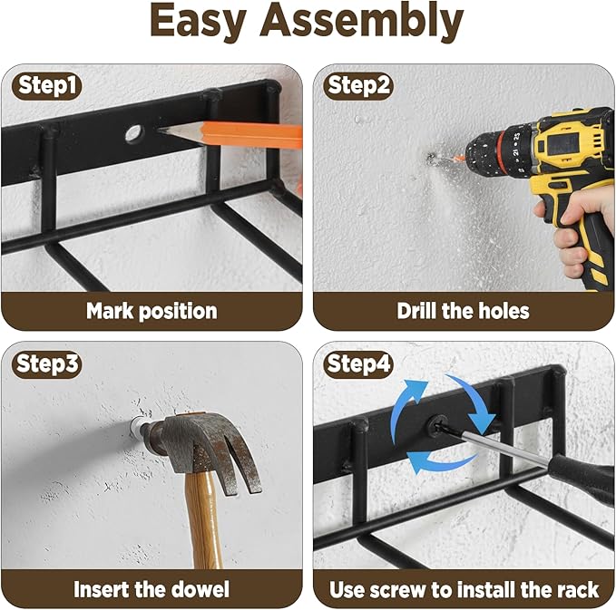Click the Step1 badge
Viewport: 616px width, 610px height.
tap(47, 85)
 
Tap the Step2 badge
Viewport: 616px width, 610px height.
tap(357, 85)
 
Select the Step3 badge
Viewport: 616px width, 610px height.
tap(47, 363)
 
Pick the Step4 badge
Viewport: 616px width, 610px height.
tap(357, 363)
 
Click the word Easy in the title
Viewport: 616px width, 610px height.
tap(199, 21)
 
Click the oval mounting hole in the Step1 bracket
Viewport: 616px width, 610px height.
tap(134, 133)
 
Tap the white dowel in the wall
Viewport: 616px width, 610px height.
tap(136, 427)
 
